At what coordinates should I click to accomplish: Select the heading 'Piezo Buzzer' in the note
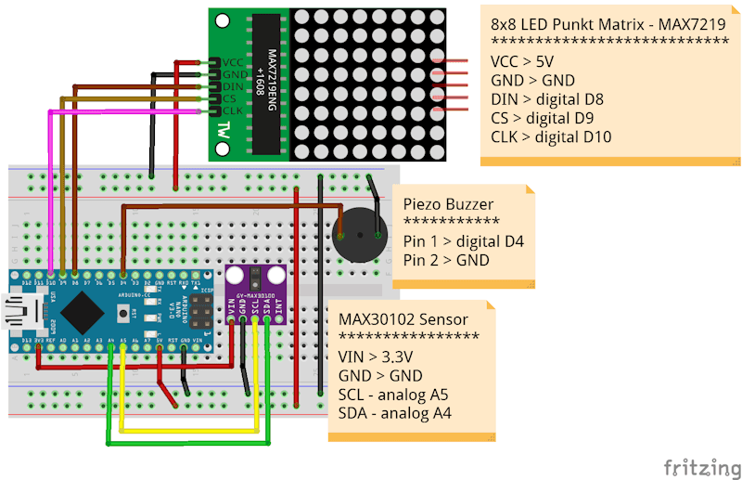(x=449, y=203)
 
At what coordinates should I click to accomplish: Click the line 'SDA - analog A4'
(x=395, y=413)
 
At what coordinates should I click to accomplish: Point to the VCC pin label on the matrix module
(x=232, y=62)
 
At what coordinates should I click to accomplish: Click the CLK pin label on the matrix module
(x=232, y=111)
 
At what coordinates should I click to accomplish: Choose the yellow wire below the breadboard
(x=185, y=431)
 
